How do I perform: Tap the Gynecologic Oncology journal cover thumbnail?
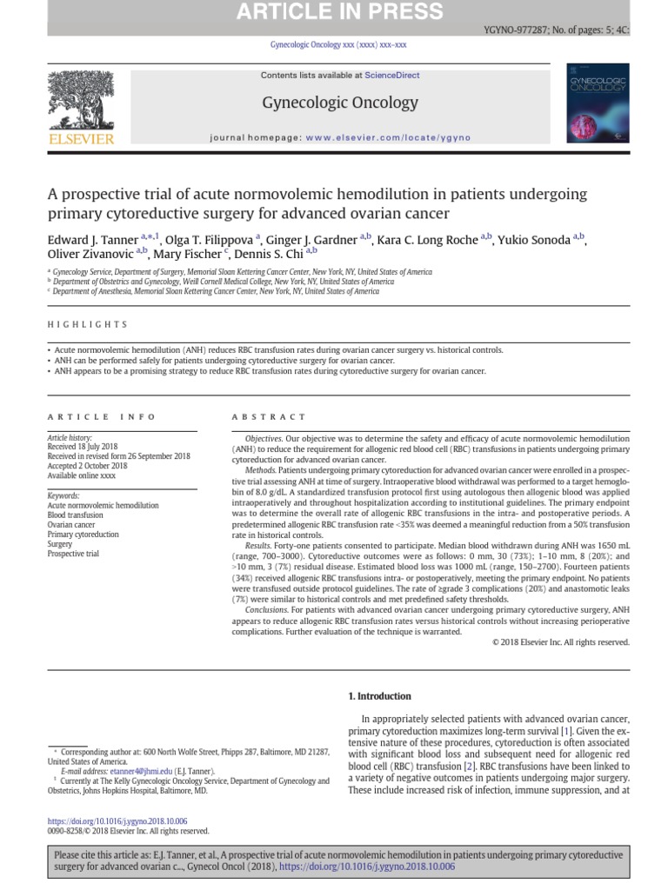click(596, 103)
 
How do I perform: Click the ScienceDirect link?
click(391, 76)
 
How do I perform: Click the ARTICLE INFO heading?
click(102, 416)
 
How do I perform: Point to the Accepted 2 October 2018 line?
click(87, 466)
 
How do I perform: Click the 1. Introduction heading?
click(379, 696)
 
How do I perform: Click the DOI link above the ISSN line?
click(117, 821)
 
